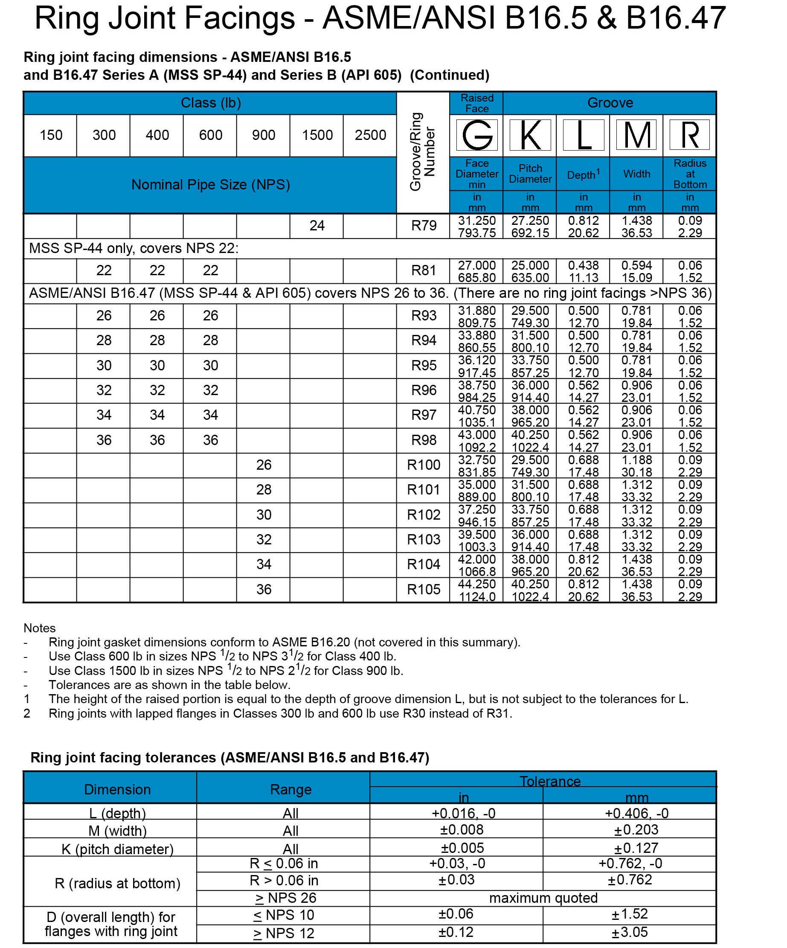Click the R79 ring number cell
pos(423,226)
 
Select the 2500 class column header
pos(370,135)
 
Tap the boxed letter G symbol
pos(476,134)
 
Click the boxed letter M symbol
pos(636,134)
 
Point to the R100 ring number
pos(423,465)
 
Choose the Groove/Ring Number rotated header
pos(422,152)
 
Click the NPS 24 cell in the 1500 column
pos(317,226)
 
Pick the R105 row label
pos(423,590)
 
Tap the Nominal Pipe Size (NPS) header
pos(210,185)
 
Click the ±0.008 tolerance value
pos(462,830)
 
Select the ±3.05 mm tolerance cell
pos(630,932)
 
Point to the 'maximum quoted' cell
pos(543,898)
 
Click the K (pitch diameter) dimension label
pos(117,849)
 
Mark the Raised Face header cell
pos(476,103)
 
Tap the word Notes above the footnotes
pos(40,628)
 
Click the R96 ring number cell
pos(423,390)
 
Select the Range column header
pos(290,790)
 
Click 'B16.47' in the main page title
pos(675,18)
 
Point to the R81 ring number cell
pos(423,271)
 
